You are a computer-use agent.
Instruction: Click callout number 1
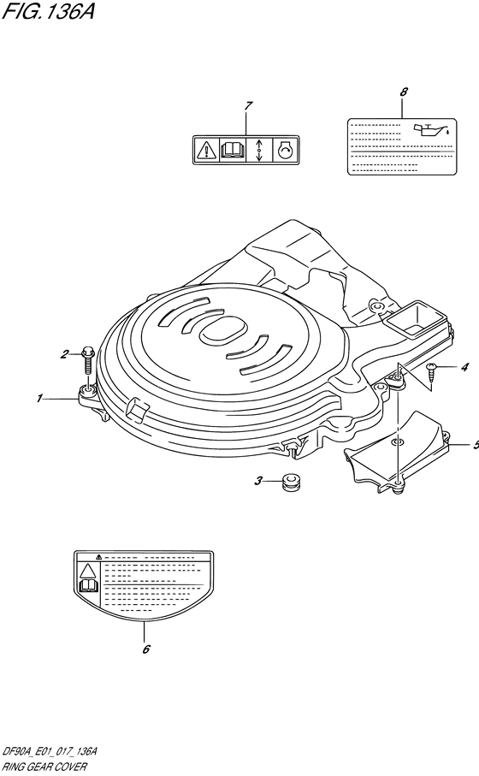pyautogui.click(x=39, y=398)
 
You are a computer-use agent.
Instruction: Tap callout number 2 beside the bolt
pyautogui.click(x=65, y=354)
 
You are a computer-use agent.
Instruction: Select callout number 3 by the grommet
pyautogui.click(x=258, y=481)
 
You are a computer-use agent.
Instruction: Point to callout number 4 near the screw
pyautogui.click(x=464, y=367)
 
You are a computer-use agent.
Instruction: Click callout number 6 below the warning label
pyautogui.click(x=146, y=649)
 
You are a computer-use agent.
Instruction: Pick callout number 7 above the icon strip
pyautogui.click(x=248, y=105)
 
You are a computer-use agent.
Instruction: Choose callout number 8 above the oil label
pyautogui.click(x=404, y=92)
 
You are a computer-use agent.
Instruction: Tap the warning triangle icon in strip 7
pyautogui.click(x=205, y=149)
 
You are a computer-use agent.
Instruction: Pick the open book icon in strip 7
pyautogui.click(x=232, y=150)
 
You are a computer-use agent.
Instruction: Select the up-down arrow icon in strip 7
pyautogui.click(x=258, y=149)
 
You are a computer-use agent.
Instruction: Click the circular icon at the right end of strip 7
pyautogui.click(x=286, y=150)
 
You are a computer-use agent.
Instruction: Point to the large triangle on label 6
pyautogui.click(x=87, y=572)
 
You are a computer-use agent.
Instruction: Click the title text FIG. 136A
pyautogui.click(x=48, y=12)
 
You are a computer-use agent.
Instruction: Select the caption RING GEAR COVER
pyautogui.click(x=44, y=767)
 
